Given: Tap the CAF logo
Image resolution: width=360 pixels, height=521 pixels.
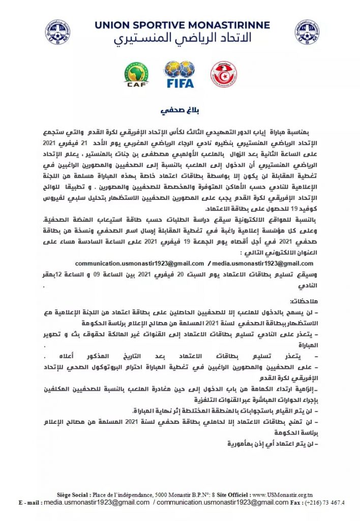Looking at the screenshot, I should [x=136, y=74].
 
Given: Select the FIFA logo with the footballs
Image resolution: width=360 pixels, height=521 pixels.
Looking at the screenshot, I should [x=179, y=74].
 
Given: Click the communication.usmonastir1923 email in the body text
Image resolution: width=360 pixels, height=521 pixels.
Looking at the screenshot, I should [x=139, y=263].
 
